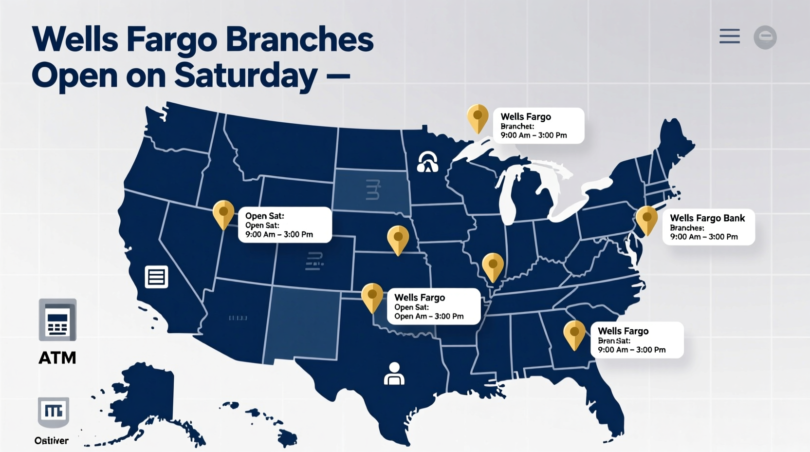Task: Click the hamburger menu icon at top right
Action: [x=729, y=37]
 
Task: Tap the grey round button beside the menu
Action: [x=765, y=37]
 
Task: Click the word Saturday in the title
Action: [x=245, y=76]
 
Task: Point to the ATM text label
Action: [x=57, y=358]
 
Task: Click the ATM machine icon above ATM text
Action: [x=57, y=320]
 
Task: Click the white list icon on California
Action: [x=156, y=277]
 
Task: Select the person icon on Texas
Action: [x=394, y=374]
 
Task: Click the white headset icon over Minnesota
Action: [x=427, y=162]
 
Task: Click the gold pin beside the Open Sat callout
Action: [x=223, y=213]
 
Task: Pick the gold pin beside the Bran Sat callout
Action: [x=574, y=333]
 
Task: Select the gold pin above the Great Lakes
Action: [x=478, y=117]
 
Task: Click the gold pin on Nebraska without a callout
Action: [x=398, y=239]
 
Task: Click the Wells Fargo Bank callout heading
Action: [x=707, y=218]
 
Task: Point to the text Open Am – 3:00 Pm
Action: [x=429, y=317]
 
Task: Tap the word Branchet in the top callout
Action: [x=517, y=126]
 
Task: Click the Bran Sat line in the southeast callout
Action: [x=614, y=341]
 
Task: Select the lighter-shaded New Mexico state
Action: [x=303, y=323]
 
